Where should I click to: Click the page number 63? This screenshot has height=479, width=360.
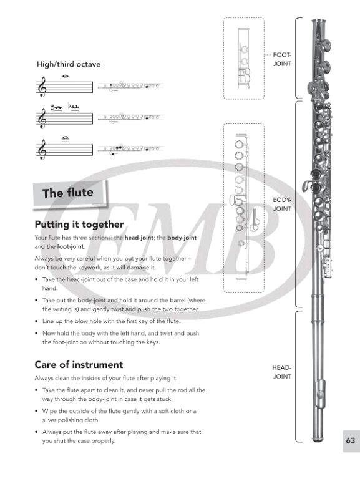(351, 440)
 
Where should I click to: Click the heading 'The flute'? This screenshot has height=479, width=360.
(68, 193)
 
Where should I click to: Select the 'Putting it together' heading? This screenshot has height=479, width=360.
(79, 225)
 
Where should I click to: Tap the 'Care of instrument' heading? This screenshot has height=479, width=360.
(79, 364)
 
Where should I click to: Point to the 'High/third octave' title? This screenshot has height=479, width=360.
(69, 64)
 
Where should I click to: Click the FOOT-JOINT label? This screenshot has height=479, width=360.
(282, 59)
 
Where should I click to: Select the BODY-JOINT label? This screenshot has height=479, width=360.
(282, 204)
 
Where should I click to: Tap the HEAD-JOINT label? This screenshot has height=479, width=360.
(282, 372)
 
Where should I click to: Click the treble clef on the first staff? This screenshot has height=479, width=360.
(42, 87)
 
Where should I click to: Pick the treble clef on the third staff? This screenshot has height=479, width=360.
(42, 150)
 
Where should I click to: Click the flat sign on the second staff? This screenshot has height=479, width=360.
(70, 105)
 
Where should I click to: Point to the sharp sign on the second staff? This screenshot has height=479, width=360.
(53, 107)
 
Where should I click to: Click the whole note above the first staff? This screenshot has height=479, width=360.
(65, 76)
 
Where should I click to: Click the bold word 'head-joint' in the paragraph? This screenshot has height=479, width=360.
(139, 238)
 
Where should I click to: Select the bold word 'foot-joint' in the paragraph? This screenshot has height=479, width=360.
(71, 246)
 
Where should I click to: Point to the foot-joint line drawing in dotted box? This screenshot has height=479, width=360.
(244, 59)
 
